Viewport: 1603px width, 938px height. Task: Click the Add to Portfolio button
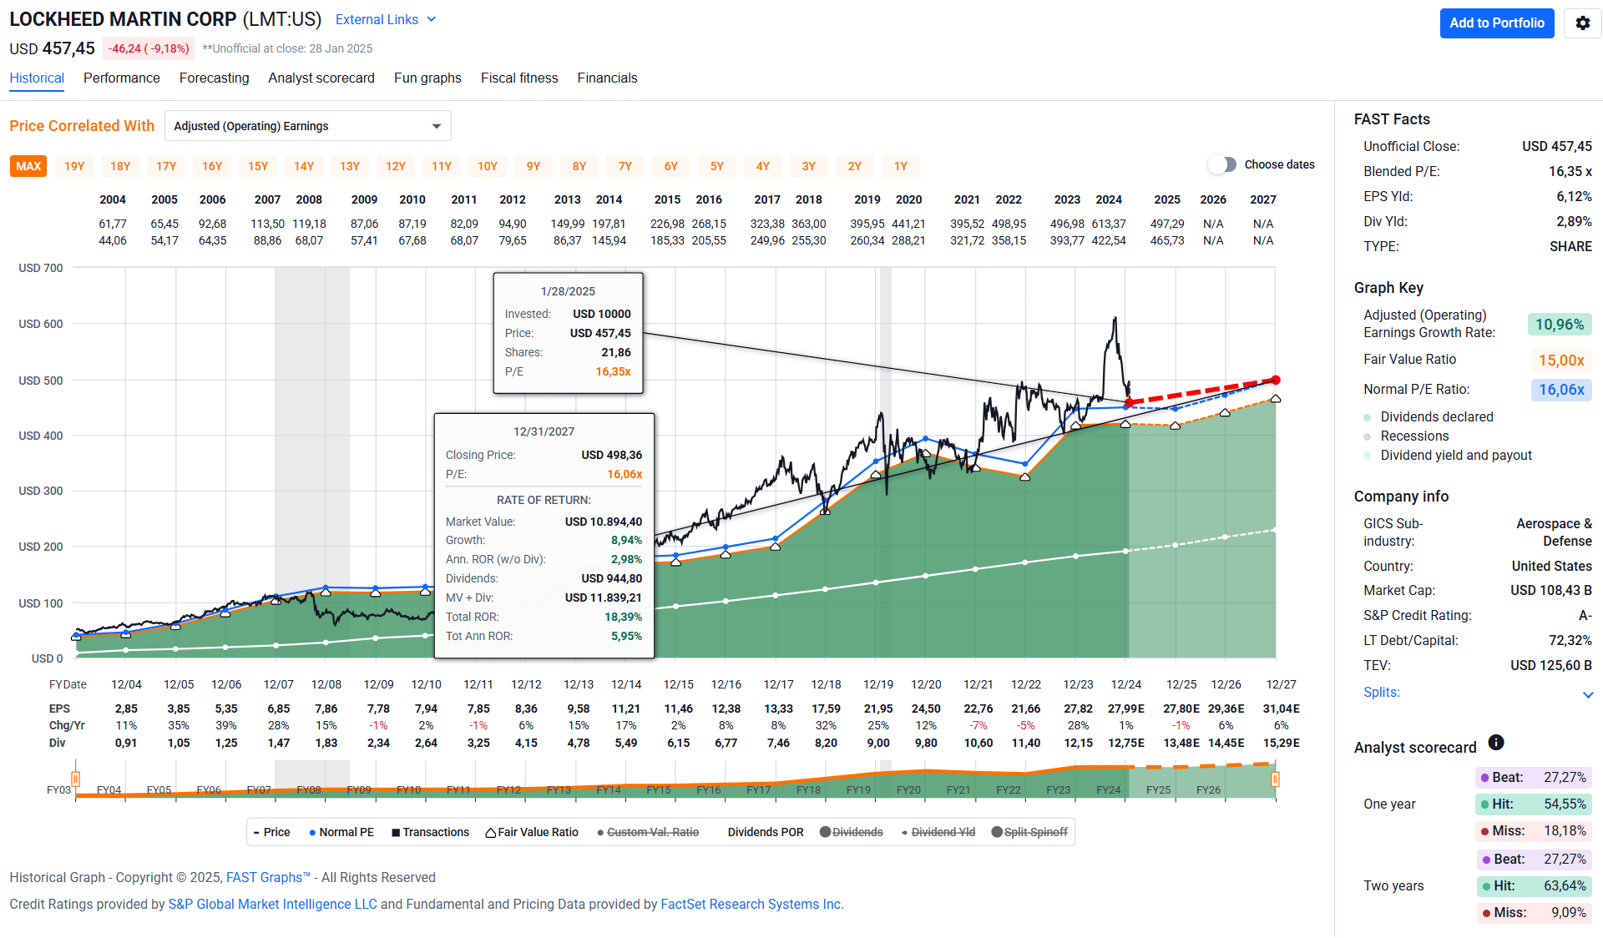[x=1496, y=23]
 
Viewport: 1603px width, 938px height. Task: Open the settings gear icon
[x=1582, y=23]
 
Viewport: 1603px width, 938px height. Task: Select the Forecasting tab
[x=214, y=78]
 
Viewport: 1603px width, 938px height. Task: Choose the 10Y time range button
[x=487, y=166]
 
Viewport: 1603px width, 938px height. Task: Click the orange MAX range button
[x=28, y=166]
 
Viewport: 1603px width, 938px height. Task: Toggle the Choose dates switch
[x=1222, y=164]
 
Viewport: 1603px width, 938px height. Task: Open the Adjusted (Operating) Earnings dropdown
[x=307, y=126]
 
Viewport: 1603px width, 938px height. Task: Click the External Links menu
[x=385, y=19]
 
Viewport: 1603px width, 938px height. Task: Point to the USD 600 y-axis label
[x=41, y=324]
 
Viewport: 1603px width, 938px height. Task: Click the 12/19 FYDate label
[x=877, y=684]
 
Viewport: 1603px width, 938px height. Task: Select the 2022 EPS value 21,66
[x=1025, y=709]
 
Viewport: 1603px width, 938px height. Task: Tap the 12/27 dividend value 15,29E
[x=1281, y=743]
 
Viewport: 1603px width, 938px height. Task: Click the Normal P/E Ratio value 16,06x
[x=1560, y=390]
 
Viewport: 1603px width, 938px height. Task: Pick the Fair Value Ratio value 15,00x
[x=1560, y=361]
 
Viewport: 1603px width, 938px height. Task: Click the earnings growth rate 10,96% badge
[x=1559, y=325]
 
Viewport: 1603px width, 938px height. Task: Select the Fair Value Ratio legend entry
[x=532, y=832]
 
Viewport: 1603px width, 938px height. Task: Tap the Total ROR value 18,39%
[x=623, y=617]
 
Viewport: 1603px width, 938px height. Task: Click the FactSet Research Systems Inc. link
[x=751, y=904]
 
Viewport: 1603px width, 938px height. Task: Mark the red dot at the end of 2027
[x=1275, y=380]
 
